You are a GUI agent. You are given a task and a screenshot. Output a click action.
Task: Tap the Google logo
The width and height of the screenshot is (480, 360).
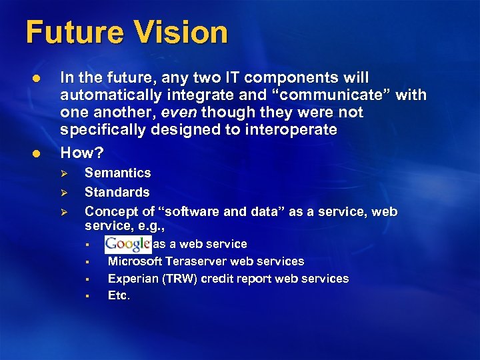coord(127,244)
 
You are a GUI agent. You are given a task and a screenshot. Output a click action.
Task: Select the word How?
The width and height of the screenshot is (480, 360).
coord(82,153)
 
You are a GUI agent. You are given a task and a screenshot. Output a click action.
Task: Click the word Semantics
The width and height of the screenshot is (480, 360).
coord(117,173)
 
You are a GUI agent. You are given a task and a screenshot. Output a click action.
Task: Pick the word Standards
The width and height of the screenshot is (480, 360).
coord(117,193)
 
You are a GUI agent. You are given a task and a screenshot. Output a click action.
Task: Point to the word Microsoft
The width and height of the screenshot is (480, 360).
coord(135,261)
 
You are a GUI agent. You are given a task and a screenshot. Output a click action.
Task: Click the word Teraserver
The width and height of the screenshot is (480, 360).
coord(197,261)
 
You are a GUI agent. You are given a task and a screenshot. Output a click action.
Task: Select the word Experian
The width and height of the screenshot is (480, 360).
coord(133,279)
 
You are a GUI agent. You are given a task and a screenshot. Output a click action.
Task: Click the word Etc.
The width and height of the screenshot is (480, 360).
coord(119,296)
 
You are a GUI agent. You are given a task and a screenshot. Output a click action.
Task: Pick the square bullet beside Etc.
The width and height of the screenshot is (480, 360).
coord(87,296)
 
